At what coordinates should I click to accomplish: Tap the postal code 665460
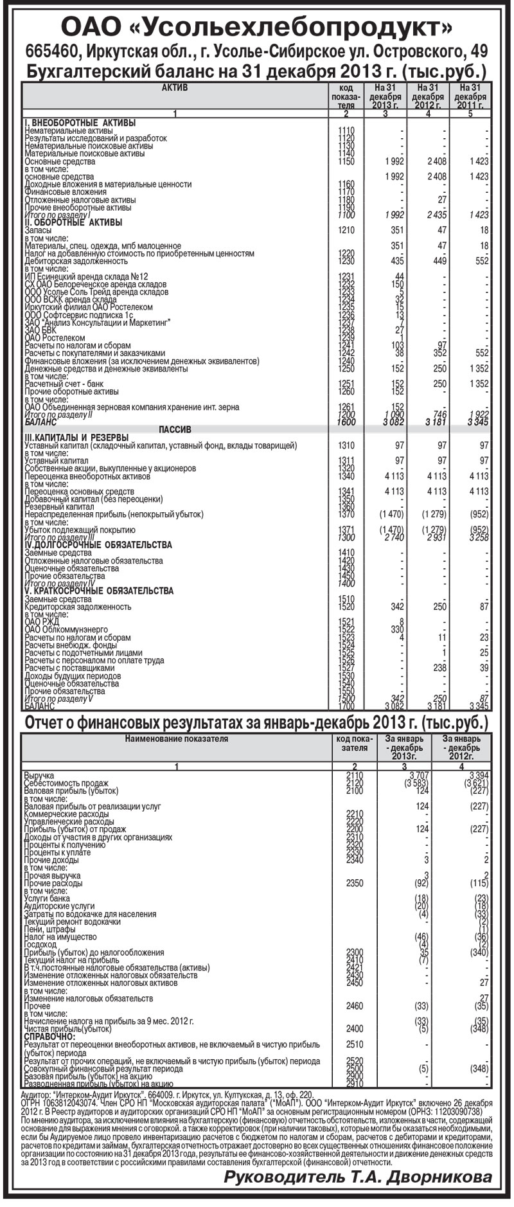51,51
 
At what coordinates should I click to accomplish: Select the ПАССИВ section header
174,429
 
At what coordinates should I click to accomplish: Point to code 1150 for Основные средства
346,161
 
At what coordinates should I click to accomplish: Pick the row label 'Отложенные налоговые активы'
78,199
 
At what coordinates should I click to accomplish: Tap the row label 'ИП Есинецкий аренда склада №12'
86,276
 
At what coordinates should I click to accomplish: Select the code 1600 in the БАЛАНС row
346,422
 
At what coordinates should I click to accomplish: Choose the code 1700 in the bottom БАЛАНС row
346,705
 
